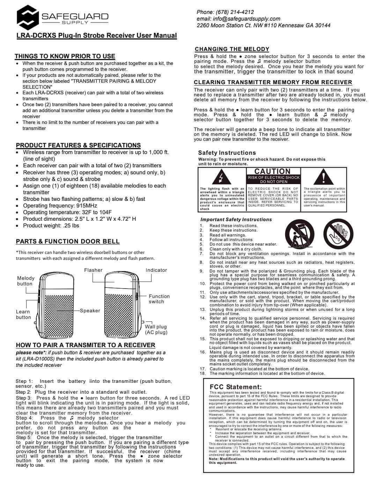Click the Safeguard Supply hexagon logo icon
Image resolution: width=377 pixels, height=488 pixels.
pyautogui.click(x=28, y=18)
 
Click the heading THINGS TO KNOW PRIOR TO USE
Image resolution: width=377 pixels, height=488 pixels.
pyautogui.click(x=65, y=56)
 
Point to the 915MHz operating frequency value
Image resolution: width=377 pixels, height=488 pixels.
pyautogui.click(x=87, y=206)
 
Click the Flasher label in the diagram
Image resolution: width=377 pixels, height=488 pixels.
pyautogui.click(x=93, y=270)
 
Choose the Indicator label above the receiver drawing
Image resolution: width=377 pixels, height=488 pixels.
pyautogui.click(x=156, y=270)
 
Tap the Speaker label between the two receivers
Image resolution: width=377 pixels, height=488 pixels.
pyautogui.click(x=90, y=311)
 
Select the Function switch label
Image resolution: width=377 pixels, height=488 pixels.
pyautogui.click(x=159, y=299)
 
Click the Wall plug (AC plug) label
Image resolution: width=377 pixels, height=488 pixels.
pyautogui.click(x=156, y=329)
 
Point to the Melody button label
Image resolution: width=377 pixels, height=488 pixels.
pyautogui.click(x=26, y=281)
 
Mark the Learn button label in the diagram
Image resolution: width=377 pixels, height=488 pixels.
pyautogui.click(x=23, y=314)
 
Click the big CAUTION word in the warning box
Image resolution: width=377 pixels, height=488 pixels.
pyautogui.click(x=272, y=171)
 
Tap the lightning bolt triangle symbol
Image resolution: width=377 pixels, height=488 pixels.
pyautogui.click(x=220, y=178)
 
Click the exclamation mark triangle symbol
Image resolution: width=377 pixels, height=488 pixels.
pyautogui.click(x=323, y=177)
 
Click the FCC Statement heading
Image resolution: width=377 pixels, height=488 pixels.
pyautogui.click(x=236, y=387)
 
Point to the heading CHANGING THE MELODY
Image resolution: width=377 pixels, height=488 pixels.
pyautogui.click(x=232, y=49)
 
